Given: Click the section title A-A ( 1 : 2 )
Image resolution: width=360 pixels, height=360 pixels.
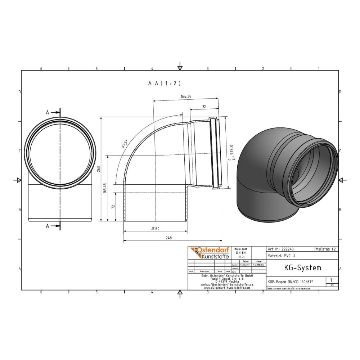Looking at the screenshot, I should pos(164,83).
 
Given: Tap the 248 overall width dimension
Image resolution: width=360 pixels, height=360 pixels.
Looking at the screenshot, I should pos(168,238).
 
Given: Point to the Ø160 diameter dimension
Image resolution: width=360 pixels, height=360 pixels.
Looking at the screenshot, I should pos(156,229).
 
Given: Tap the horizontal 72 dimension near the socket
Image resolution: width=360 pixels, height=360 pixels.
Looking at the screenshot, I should pos(204,107).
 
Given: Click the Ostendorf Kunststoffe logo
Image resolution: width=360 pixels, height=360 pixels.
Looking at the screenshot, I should pos(209,253).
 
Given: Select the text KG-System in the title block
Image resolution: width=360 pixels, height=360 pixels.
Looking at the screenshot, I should pos(298,268).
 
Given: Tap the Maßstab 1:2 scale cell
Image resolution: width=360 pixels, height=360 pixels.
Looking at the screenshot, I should pos(326,249).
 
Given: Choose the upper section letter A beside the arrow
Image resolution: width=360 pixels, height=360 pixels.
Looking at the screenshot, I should pos(47,113).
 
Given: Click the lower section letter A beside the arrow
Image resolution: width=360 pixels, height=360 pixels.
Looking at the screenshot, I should pos(47,226).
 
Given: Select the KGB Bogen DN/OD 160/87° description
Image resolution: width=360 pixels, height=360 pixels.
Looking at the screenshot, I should pos(290,282).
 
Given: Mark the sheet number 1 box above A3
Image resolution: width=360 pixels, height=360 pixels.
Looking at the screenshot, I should pos(331,280).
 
